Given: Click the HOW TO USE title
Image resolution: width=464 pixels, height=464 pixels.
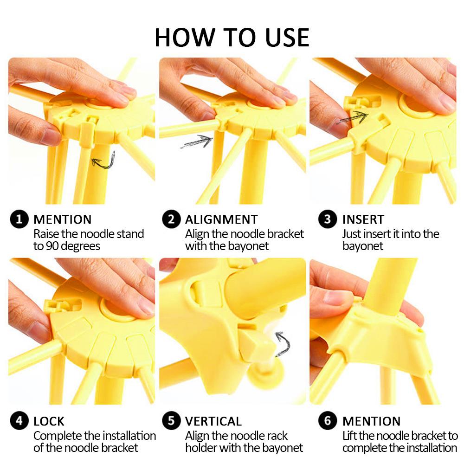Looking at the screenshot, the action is click(232, 37).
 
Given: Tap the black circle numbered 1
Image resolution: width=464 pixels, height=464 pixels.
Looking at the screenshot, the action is click(19, 219).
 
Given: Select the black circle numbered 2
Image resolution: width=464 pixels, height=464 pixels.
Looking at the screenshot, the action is click(171, 219).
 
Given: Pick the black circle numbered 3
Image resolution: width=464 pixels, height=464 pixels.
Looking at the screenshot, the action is click(328, 219).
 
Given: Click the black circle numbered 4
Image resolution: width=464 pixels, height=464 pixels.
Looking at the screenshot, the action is click(19, 420).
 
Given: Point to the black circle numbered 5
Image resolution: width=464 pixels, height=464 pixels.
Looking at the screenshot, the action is click(171, 420).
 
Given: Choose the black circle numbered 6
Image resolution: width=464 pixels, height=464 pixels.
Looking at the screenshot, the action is click(328, 420).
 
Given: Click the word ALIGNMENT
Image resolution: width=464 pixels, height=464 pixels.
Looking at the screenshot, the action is click(221, 219).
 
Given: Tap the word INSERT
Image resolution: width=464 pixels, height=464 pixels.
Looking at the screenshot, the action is click(363, 219).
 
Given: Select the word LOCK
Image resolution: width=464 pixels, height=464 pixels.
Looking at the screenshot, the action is click(49, 421).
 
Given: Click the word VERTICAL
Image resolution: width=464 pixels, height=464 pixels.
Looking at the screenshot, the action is click(213, 421).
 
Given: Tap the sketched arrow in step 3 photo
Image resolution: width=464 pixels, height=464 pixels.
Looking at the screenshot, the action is click(353, 117).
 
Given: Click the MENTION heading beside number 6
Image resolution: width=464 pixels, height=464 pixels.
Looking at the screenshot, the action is click(371, 421).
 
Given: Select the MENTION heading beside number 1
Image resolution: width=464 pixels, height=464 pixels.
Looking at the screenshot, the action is click(63, 219).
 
